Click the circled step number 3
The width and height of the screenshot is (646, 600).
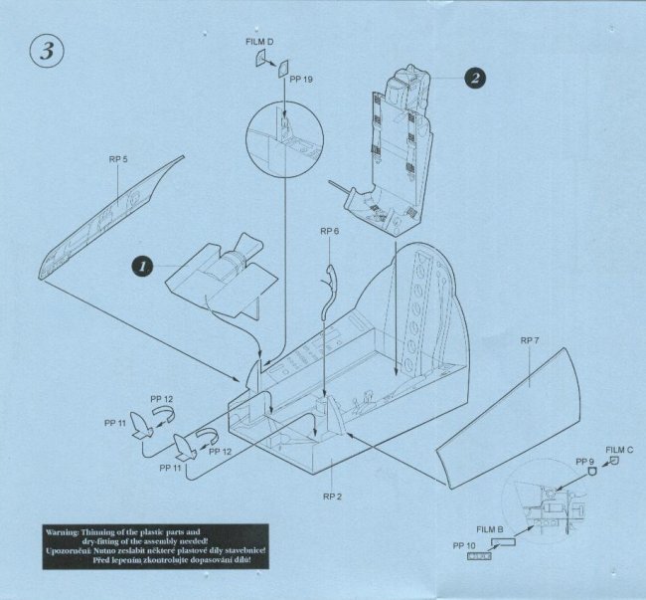tap(47, 51)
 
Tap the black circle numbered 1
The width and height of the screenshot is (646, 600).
tap(142, 266)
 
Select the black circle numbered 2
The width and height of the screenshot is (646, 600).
tap(475, 78)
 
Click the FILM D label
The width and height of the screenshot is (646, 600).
tap(259, 42)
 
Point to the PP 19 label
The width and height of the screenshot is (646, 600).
tap(301, 80)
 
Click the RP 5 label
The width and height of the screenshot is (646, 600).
tap(118, 159)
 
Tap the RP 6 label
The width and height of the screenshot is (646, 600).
tap(329, 231)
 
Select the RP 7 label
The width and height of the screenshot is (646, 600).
tap(530, 340)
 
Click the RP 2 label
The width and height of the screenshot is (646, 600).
tap(332, 497)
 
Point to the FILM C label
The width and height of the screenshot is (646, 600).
tap(619, 450)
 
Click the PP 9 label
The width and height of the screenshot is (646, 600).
tap(585, 462)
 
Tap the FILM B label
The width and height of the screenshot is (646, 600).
tap(490, 529)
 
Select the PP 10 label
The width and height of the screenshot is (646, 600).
tap(464, 545)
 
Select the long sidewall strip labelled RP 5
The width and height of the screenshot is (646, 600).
tap(111, 218)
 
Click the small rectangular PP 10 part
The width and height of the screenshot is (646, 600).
tap(479, 556)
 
